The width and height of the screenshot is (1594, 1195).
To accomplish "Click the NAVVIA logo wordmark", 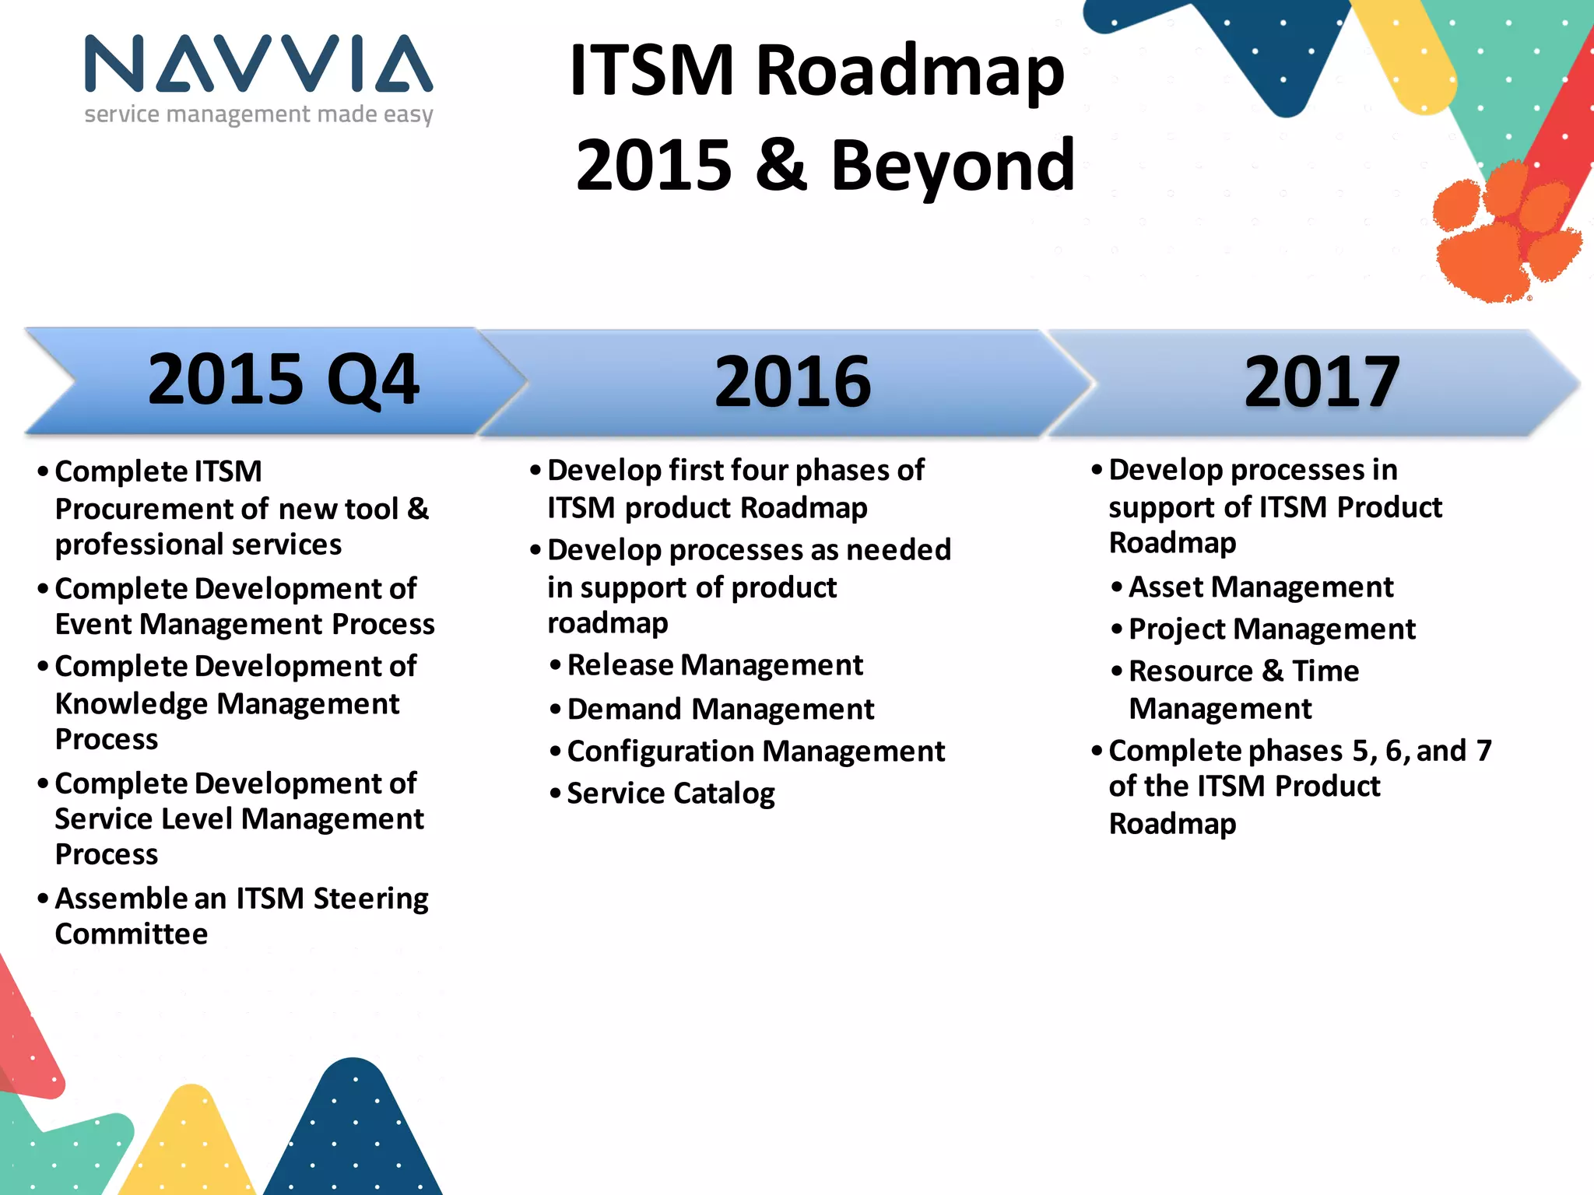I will point(258,64).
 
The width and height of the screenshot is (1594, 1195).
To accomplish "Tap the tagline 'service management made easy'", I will point(258,114).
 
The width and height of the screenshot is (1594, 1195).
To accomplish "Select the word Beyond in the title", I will point(953,165).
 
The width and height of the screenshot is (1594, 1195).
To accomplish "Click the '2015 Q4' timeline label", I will point(283,380).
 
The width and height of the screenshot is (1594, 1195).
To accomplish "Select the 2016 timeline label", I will point(792,381).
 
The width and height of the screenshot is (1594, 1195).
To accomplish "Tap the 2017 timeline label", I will point(1322,381).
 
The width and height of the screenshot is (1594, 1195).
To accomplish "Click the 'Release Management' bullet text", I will point(714,665).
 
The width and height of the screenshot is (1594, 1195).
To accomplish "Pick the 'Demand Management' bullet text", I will point(720,709).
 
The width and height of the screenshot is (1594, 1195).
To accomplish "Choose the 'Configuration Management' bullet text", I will point(755,752).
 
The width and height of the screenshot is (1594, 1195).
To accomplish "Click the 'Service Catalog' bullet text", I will point(670,794).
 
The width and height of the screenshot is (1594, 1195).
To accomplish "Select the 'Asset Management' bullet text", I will point(1261,587).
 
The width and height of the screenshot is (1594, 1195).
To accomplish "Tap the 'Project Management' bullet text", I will point(1272,629).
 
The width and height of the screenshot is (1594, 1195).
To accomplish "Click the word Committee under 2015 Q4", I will point(132,934).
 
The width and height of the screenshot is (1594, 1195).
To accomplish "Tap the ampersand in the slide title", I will point(781,165).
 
